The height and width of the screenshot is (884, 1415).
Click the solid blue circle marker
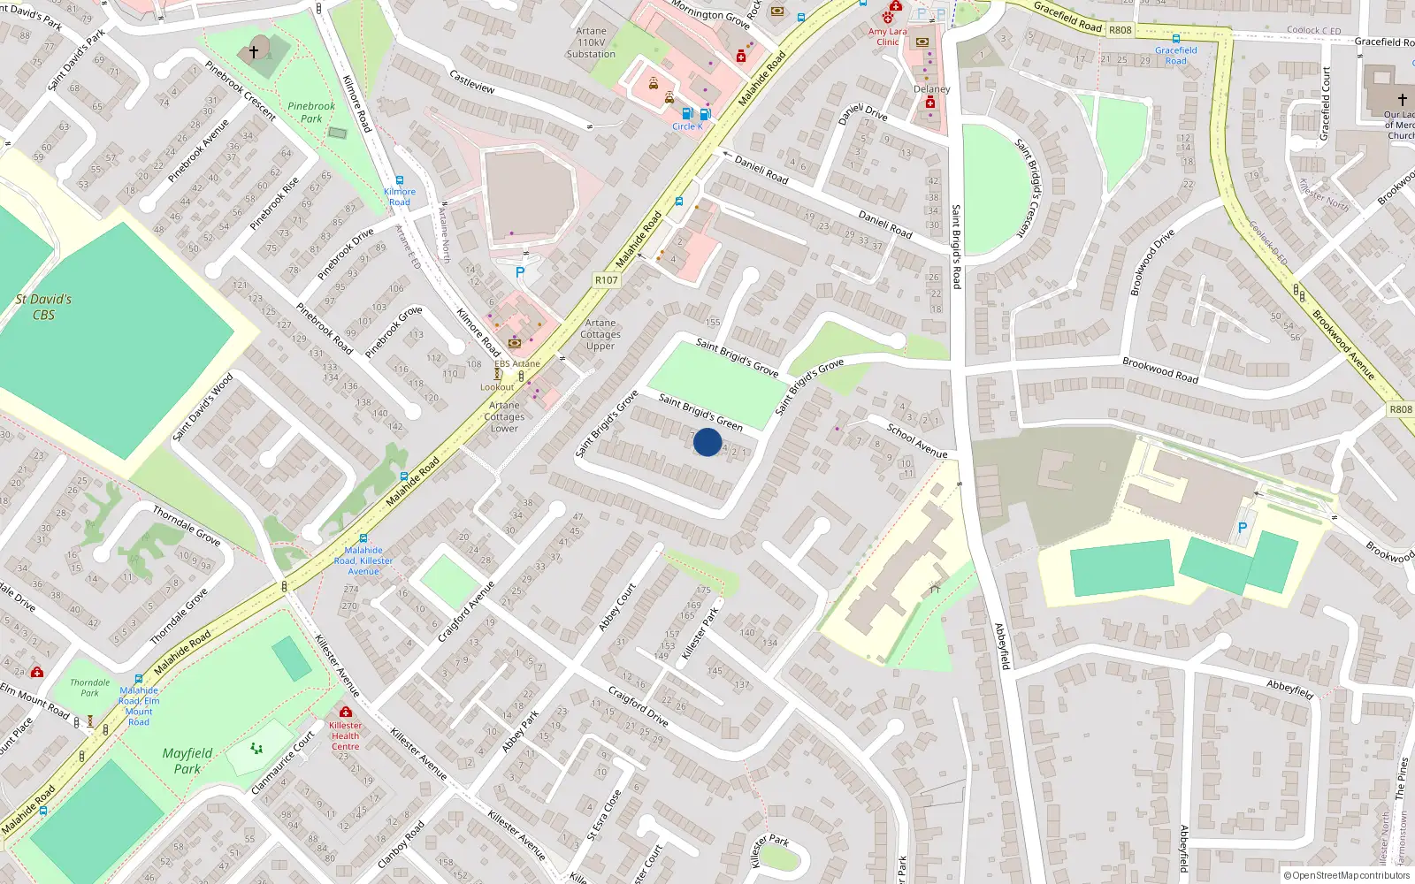coord(707,442)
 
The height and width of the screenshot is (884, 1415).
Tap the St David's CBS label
coord(43,307)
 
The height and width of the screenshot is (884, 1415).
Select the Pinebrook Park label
coord(311,112)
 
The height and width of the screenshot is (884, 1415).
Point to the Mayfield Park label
coord(187,760)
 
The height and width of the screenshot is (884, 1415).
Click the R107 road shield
coord(607,280)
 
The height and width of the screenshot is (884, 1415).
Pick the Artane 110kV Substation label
coord(591,42)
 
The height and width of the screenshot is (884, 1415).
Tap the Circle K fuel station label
coord(687,126)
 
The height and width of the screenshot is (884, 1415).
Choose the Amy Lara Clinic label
coord(887,36)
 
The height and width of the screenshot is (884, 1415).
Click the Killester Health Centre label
coord(345,735)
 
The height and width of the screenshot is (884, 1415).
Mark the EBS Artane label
coord(517,363)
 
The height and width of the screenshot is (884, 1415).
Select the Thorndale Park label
coord(90,688)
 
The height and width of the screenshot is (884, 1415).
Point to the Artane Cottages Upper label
coord(600,334)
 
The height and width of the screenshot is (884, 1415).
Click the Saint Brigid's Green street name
coord(700,412)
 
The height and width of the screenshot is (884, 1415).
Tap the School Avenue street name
coord(917,441)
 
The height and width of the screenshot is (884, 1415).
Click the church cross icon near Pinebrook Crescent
coord(254,52)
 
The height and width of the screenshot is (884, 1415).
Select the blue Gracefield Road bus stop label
coord(1175,56)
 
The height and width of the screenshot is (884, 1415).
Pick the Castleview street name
coord(472,82)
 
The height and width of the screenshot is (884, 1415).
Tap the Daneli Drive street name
coord(862,113)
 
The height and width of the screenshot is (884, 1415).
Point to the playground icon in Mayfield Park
coord(256,749)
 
